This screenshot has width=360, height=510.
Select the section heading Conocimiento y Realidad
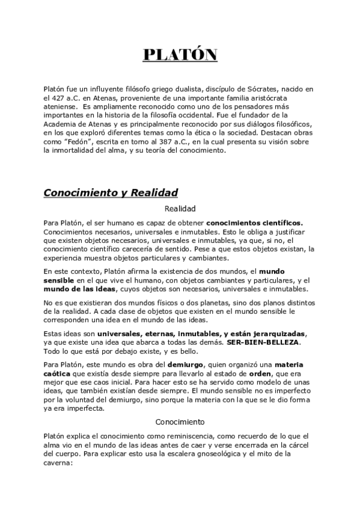pos(111,193)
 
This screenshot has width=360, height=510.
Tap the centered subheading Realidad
pos(180,209)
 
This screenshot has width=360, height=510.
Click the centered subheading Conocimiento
pos(180,422)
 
